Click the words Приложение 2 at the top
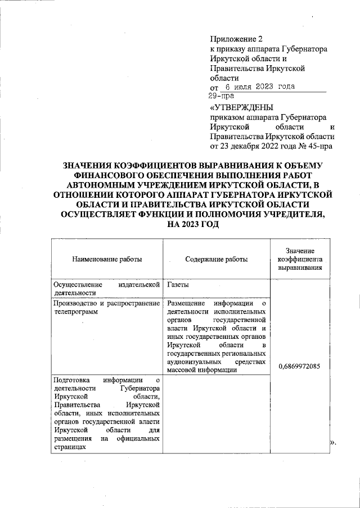236,39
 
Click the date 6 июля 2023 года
259,87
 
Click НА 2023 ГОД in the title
191,225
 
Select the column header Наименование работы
107,259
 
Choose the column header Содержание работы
216,259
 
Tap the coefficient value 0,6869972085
299,366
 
